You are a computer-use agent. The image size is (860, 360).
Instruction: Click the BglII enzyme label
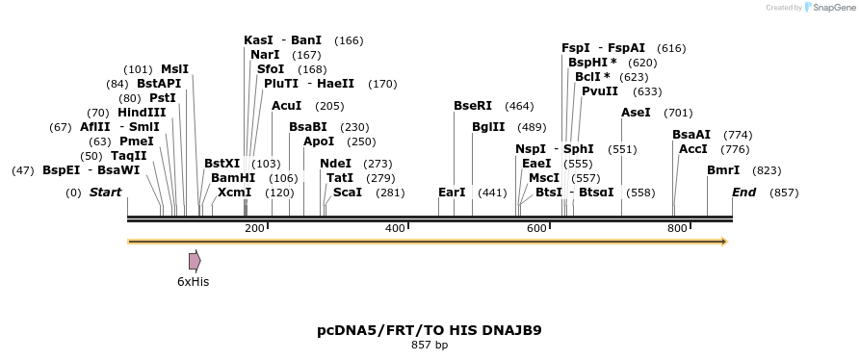click(x=488, y=127)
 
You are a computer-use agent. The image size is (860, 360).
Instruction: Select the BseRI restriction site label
click(x=473, y=106)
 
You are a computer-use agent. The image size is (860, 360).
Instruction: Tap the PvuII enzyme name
click(x=600, y=91)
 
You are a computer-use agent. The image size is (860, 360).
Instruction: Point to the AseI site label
click(x=636, y=113)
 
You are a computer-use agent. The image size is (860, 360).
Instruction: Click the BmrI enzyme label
click(x=723, y=170)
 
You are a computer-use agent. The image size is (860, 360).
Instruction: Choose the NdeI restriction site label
click(x=335, y=164)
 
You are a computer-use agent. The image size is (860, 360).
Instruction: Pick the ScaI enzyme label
click(x=347, y=193)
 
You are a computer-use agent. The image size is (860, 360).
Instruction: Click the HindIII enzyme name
click(x=142, y=113)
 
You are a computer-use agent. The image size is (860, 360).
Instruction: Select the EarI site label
click(x=452, y=193)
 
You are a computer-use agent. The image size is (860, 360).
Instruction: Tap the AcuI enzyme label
click(x=287, y=106)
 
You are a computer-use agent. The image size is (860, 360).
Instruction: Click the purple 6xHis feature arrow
click(x=195, y=261)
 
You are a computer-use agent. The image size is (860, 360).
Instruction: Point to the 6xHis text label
click(x=193, y=282)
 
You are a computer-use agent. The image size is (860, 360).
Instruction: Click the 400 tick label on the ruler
click(x=395, y=228)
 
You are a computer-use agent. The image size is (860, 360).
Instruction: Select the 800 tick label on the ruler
click(x=677, y=228)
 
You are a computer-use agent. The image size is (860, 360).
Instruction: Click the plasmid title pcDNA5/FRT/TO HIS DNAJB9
click(x=430, y=330)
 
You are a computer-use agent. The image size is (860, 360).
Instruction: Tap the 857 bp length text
click(x=430, y=345)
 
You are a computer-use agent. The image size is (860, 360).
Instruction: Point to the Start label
click(x=105, y=193)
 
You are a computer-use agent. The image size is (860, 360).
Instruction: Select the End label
click(x=743, y=193)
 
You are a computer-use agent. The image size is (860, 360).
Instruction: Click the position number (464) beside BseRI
click(x=519, y=106)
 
